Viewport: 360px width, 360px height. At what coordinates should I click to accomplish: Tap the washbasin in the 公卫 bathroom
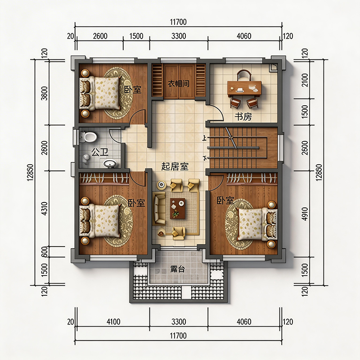(110, 164)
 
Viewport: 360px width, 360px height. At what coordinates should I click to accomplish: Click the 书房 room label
(243, 117)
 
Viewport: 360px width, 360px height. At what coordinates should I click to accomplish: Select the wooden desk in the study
(244, 88)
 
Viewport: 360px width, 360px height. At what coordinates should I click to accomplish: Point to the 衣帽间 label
(179, 84)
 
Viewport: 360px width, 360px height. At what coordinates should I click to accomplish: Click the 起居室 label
(175, 166)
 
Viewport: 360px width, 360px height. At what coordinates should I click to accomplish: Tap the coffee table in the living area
(178, 208)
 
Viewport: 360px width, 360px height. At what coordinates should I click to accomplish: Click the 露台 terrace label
(177, 269)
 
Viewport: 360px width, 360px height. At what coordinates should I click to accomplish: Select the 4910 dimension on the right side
(305, 214)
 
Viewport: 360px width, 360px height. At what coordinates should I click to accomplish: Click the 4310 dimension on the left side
(45, 208)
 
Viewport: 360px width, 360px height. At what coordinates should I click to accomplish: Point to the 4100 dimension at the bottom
(113, 322)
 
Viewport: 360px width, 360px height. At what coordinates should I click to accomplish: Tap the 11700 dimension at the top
(178, 22)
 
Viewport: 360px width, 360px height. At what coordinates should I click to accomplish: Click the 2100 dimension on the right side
(305, 80)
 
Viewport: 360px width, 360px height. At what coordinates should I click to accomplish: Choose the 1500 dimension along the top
(136, 36)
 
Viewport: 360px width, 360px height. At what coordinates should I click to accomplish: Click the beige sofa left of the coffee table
(159, 209)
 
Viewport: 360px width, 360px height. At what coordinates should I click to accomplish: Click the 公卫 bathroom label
(99, 152)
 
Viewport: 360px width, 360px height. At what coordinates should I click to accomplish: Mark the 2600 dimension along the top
(100, 36)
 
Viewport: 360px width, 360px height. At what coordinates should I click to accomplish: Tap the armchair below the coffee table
(179, 233)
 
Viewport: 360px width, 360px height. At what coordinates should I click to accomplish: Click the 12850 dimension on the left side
(30, 172)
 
